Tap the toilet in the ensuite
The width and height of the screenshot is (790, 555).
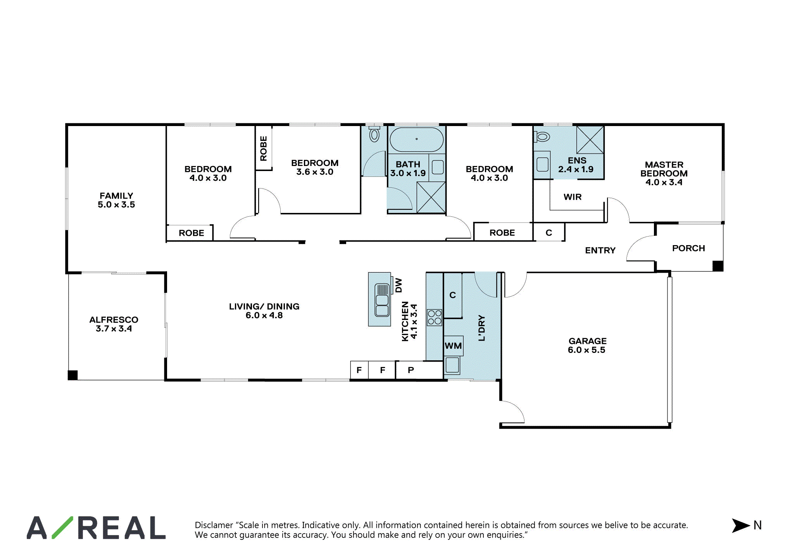(x=542, y=137)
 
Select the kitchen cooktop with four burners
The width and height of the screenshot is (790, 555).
(x=435, y=317)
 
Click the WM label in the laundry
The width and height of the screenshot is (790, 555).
(x=453, y=346)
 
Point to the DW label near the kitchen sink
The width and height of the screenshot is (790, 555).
(x=398, y=285)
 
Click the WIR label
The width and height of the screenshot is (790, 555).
(x=573, y=197)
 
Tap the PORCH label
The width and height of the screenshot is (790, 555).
(x=688, y=248)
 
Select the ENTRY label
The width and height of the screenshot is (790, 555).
(x=600, y=251)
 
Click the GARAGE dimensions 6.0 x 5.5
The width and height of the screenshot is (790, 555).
(x=586, y=350)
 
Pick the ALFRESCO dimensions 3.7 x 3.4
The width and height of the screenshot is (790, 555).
(x=114, y=329)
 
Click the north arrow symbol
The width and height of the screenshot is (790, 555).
(x=740, y=526)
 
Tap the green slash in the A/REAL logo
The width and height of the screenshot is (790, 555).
(x=62, y=527)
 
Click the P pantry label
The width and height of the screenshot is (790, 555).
(x=411, y=370)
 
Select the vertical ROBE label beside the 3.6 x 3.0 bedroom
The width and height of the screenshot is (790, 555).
(x=264, y=149)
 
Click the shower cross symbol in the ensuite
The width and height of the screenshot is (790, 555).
(x=590, y=140)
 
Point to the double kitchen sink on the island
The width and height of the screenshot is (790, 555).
(x=382, y=300)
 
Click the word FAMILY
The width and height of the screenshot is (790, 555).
(x=116, y=196)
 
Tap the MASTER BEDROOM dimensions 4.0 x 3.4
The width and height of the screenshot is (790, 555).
(x=664, y=182)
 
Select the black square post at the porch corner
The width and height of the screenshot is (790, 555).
(x=718, y=266)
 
